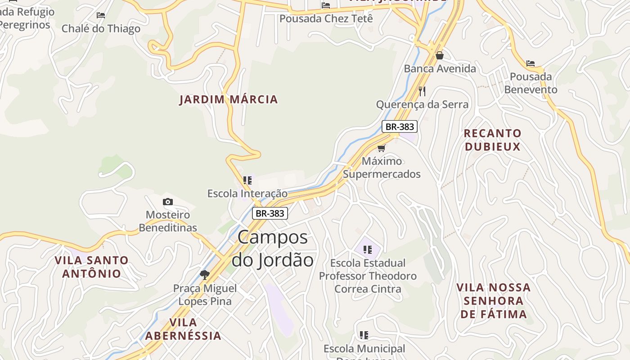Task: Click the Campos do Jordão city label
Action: (272, 248)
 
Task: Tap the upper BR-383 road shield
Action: (400, 127)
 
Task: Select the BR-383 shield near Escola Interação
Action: (270, 213)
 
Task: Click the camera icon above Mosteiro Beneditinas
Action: (168, 202)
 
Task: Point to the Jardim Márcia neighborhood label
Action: (229, 99)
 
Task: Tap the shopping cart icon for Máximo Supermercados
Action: (382, 148)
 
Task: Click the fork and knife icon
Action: (422, 91)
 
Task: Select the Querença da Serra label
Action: (422, 105)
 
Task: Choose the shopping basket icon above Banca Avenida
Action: (440, 55)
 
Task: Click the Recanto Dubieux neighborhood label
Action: (493, 140)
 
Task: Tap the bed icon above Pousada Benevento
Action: (531, 63)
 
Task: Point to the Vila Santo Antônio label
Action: (92, 267)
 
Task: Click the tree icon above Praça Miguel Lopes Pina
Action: (205, 274)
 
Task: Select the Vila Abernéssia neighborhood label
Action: (183, 329)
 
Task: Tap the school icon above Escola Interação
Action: (247, 180)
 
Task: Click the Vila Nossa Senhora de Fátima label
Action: (494, 301)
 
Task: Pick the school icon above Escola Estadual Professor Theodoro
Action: (368, 249)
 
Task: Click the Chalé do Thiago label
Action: (101, 29)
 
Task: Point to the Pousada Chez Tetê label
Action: (326, 19)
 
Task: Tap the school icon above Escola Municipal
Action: (364, 335)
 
